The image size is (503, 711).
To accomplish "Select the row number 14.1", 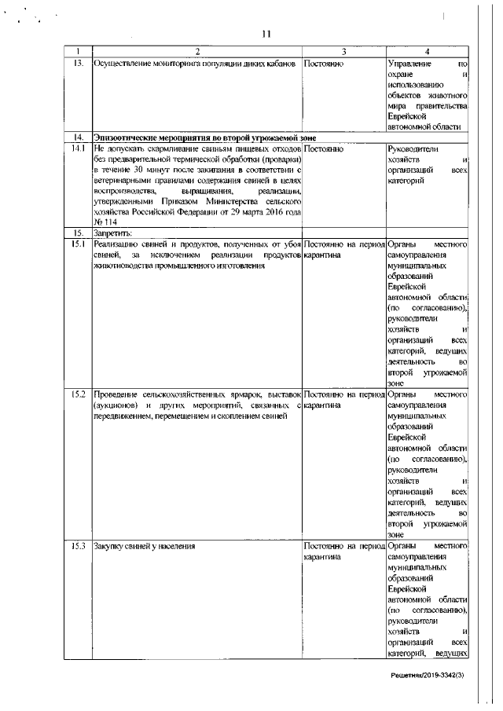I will click(x=78, y=147).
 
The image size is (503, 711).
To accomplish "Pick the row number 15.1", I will click(x=78, y=244).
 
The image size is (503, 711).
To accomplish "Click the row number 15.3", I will click(x=78, y=545).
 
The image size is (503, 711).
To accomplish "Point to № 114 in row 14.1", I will click(x=104, y=222).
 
